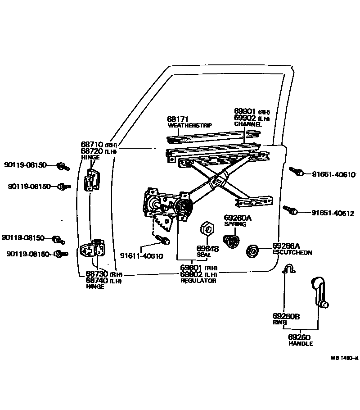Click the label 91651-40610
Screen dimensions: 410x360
coord(333,174)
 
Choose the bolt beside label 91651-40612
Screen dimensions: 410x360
coord(290,210)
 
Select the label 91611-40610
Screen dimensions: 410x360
coord(141,256)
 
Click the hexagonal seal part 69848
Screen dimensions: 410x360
coord(207,228)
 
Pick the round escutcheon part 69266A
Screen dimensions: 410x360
coord(252,251)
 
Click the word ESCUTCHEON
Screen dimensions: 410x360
coord(292,253)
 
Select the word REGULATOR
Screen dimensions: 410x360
coord(198,281)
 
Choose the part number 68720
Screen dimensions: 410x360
coord(92,151)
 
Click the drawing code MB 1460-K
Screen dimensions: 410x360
coord(344,358)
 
